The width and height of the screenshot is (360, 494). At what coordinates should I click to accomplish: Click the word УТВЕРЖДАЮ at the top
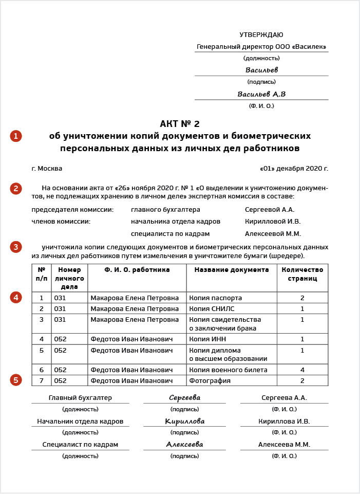(261, 35)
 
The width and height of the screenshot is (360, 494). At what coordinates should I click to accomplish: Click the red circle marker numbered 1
(16, 136)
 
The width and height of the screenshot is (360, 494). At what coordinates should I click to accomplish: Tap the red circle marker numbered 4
(16, 297)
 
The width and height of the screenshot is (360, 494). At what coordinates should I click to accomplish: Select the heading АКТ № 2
(180, 124)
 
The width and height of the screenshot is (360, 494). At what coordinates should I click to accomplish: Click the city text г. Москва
(47, 169)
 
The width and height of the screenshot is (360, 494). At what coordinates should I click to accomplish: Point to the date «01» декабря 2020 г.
(294, 169)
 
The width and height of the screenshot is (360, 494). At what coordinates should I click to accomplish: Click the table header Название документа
(231, 270)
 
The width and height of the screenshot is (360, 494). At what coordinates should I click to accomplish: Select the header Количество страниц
(302, 274)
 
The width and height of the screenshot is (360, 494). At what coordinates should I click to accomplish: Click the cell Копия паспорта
(215, 298)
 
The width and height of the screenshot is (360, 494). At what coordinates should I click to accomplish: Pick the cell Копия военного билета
(228, 370)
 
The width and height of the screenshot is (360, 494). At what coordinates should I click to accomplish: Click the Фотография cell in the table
(210, 381)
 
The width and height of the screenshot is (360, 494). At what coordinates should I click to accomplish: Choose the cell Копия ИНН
(207, 339)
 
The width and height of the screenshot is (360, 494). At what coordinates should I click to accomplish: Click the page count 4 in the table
(302, 370)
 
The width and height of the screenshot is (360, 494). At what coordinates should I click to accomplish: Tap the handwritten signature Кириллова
(184, 422)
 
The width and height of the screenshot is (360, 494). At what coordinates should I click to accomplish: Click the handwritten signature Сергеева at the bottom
(184, 398)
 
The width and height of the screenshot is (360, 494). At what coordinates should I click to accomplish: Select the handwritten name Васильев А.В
(261, 95)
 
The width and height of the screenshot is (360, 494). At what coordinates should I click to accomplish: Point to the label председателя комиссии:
(72, 210)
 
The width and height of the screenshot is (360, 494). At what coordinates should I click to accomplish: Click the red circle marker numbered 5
(16, 380)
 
